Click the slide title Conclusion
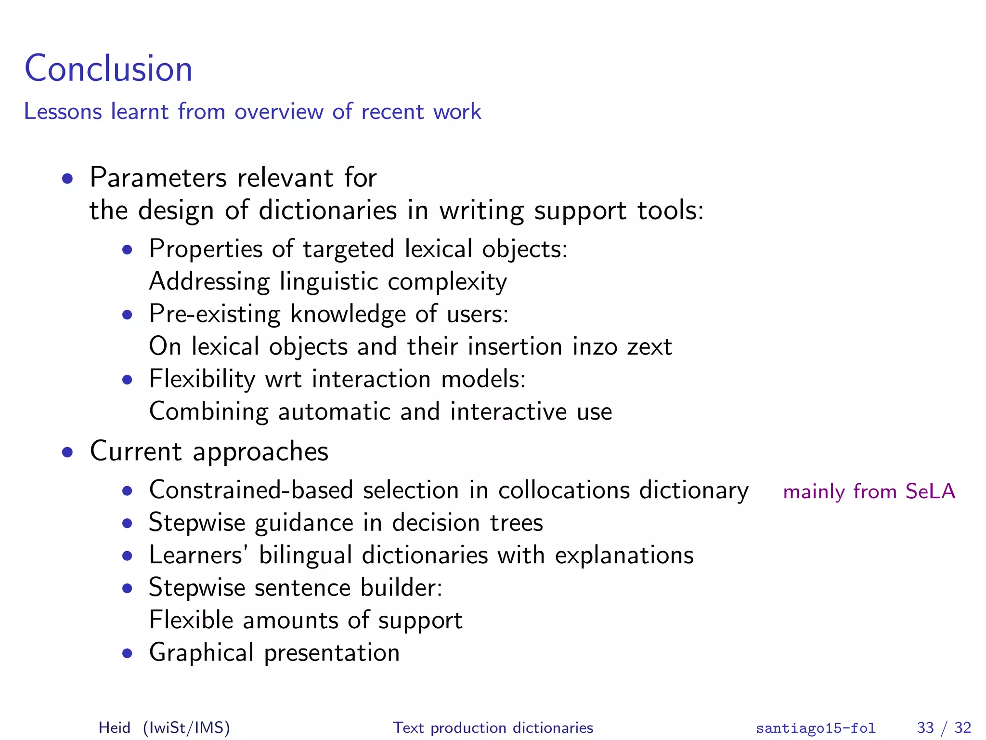(x=108, y=68)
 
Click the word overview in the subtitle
(x=279, y=112)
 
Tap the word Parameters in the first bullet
(x=158, y=178)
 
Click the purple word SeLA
(x=930, y=491)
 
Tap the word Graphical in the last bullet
(x=201, y=653)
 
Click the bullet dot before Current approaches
(x=67, y=452)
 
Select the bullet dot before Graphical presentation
(x=127, y=654)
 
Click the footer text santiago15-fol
(x=816, y=727)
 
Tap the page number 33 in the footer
(x=925, y=727)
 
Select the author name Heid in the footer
(x=114, y=727)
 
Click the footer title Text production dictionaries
(x=493, y=727)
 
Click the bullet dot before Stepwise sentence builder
(x=127, y=589)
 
